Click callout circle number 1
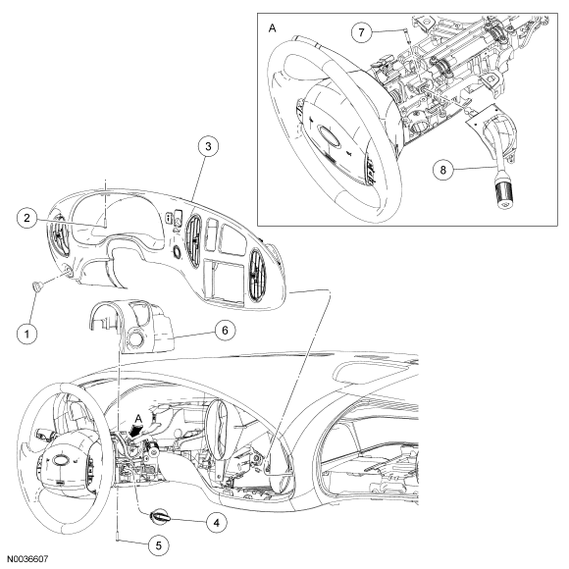(27, 334)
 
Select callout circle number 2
(27, 218)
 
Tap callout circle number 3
(208, 146)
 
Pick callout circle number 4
(216, 523)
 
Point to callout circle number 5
(159, 545)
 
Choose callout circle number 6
(225, 331)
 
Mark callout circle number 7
(361, 32)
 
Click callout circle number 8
(443, 170)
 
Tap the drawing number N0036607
(27, 559)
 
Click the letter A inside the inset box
(272, 27)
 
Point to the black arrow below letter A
(135, 431)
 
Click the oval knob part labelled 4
(159, 516)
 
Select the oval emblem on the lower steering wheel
(59, 460)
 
